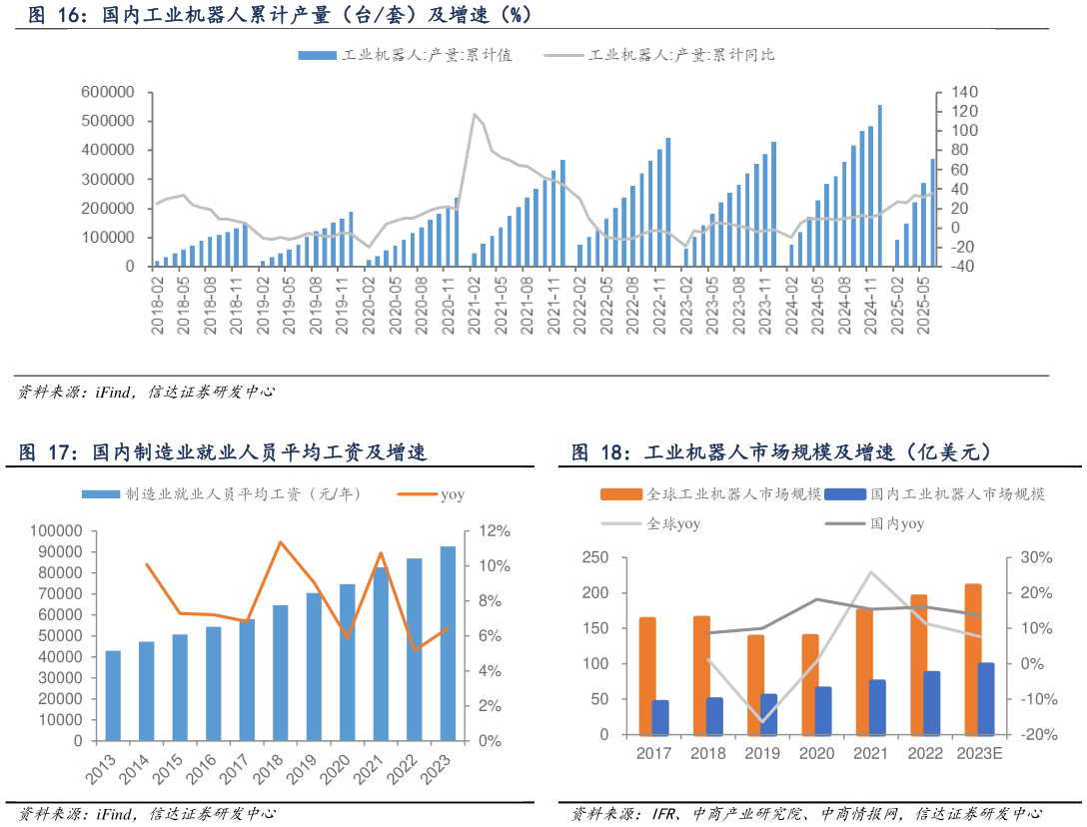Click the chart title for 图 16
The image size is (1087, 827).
pyautogui.click(x=280, y=14)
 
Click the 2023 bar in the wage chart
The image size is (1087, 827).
pyautogui.click(x=448, y=643)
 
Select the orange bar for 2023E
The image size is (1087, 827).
pyautogui.click(x=972, y=659)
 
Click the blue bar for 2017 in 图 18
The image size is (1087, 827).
pyautogui.click(x=660, y=717)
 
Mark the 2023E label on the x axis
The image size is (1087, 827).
pyautogui.click(x=979, y=753)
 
